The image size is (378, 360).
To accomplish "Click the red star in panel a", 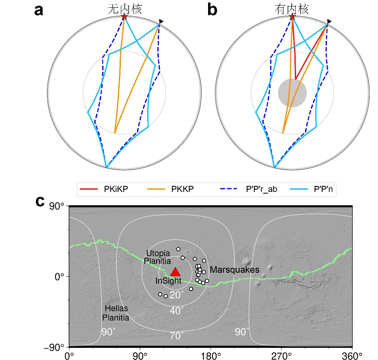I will (x=124, y=17).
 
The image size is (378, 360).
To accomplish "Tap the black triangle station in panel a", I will (x=161, y=21).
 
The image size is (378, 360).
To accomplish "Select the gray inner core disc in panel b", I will (x=292, y=93).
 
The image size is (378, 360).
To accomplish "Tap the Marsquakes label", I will (x=234, y=269).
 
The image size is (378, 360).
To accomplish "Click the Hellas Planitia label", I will (x=116, y=313).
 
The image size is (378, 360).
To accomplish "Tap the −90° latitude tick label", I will (x=56, y=347).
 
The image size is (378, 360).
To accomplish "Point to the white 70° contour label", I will (x=177, y=335).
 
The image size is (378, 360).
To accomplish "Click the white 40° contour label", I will (x=177, y=310).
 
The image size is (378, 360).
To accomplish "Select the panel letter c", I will (x=40, y=201).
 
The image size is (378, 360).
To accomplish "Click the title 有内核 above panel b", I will (x=292, y=9).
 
